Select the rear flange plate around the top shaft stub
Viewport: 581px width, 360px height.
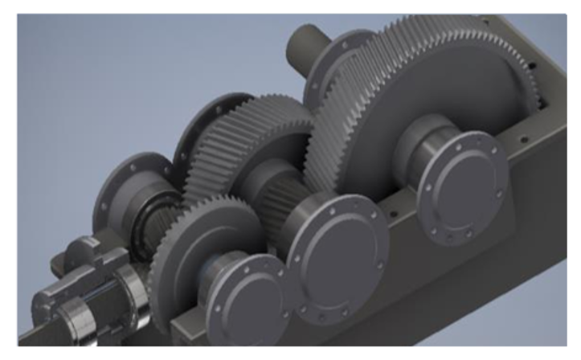pos(333,68)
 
